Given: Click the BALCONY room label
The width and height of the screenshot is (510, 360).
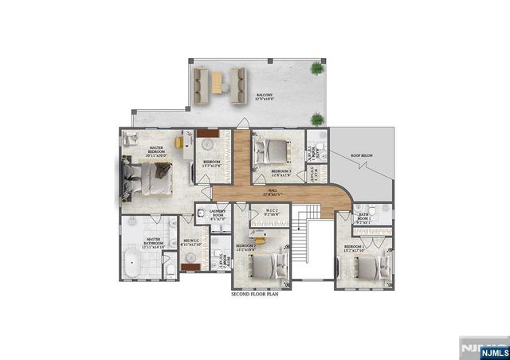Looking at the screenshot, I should (265, 97).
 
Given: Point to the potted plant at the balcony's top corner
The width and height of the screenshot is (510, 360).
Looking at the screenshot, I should (318, 69).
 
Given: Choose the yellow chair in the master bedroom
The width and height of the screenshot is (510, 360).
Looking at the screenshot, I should (180, 142).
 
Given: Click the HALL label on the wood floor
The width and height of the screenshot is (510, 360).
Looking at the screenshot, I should (273, 191).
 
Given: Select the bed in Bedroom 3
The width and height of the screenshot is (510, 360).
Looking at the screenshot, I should (273, 151).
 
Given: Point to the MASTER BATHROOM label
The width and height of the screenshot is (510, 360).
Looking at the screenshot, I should (153, 243).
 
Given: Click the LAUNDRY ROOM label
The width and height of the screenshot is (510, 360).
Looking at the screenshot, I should (218, 215).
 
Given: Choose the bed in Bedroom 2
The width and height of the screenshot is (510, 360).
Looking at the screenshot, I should (269, 264).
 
